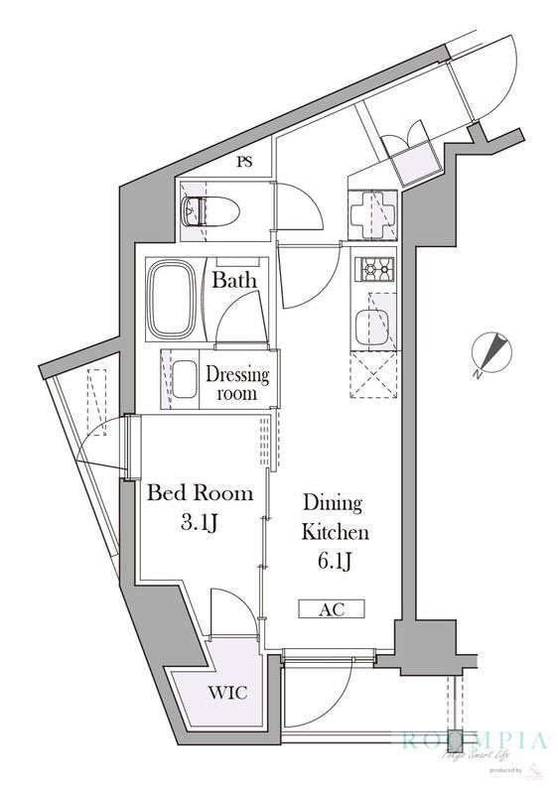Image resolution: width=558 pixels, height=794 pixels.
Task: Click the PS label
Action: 244,163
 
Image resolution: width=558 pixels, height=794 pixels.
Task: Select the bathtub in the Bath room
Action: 175,298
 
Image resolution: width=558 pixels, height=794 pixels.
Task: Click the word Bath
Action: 234,281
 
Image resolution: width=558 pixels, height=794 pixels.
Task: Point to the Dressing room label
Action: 237,383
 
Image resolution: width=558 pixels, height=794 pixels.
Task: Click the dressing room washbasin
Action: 185,378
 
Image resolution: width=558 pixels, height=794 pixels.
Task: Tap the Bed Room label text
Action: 200,492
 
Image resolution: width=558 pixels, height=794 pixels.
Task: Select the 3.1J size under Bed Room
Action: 200,522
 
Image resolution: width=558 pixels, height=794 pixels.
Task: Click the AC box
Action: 332,608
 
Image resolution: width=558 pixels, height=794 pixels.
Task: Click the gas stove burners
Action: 377,268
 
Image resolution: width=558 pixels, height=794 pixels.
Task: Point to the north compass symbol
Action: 491,353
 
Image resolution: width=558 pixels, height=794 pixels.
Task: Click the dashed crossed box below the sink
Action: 376,376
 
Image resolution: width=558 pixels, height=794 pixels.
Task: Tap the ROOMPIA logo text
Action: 474,740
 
